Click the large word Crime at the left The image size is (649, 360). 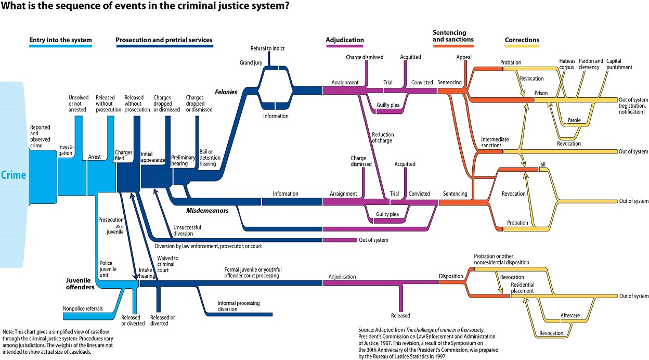[x=14, y=175]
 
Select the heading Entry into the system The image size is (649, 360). [x=60, y=40]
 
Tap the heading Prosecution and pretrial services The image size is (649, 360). [x=164, y=40]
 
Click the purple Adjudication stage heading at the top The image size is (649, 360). [x=345, y=40]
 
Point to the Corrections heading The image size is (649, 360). [x=522, y=40]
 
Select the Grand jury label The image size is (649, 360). [x=251, y=62]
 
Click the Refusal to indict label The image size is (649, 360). [x=268, y=48]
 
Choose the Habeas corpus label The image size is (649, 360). [x=567, y=64]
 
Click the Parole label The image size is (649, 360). [x=574, y=120]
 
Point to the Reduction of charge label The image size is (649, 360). [x=382, y=137]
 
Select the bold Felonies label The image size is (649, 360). [x=226, y=92]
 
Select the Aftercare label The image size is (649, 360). [x=569, y=315]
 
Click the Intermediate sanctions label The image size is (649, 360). [x=495, y=143]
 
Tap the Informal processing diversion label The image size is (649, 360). [x=238, y=306]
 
